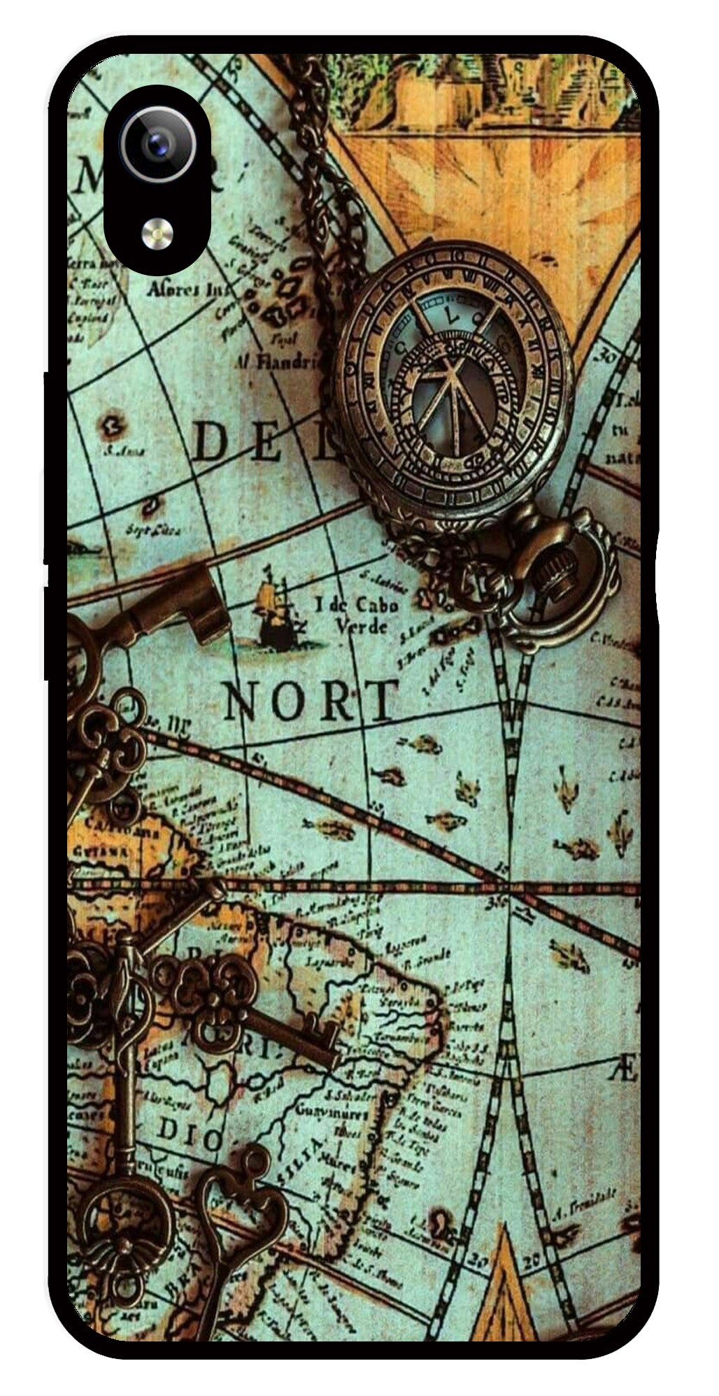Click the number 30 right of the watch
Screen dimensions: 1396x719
point(604,357)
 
